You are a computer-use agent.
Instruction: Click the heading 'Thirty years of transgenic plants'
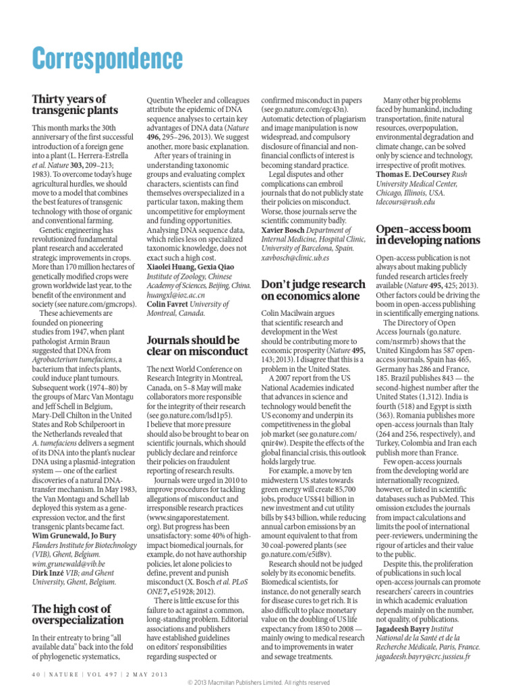pyautogui.click(x=75, y=105)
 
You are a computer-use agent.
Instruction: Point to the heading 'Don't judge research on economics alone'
pyautogui.click(x=312, y=289)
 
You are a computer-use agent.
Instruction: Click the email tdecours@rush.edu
pyautogui.click(x=405, y=201)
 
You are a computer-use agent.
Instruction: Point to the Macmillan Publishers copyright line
pyautogui.click(x=258, y=683)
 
